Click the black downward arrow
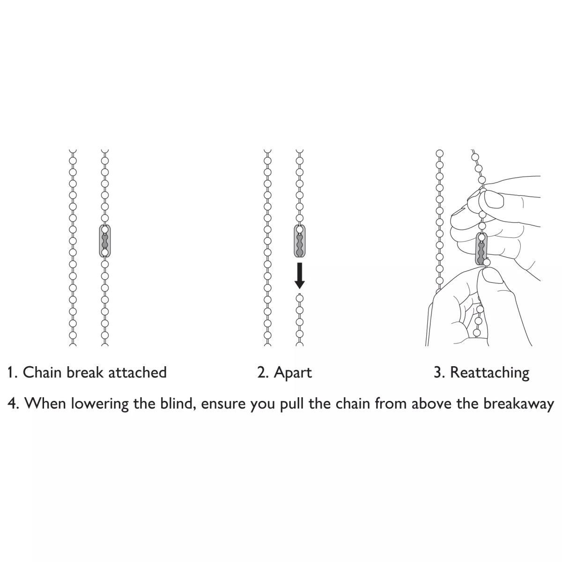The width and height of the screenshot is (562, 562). [300, 275]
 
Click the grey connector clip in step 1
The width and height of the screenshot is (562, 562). [105, 241]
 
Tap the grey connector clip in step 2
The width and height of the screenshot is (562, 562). [300, 241]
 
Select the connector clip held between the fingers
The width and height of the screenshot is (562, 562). [481, 249]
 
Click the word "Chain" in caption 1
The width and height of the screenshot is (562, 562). [42, 372]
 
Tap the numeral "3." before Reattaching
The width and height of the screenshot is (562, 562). [439, 373]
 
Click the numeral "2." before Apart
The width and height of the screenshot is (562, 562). [263, 373]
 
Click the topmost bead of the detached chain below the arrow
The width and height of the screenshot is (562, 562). [300, 298]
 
